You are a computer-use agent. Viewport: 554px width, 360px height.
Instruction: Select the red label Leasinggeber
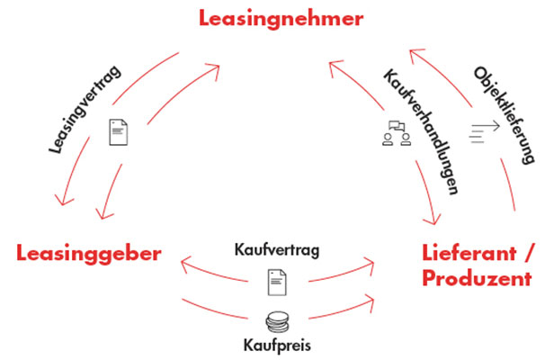tap(89, 254)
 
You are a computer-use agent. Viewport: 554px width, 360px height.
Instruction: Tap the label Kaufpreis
tap(276, 344)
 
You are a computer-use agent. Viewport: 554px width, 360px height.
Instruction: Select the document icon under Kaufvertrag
tap(276, 282)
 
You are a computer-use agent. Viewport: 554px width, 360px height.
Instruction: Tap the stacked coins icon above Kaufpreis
tap(276, 319)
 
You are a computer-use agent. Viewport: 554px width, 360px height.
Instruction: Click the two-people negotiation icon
tap(397, 134)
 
